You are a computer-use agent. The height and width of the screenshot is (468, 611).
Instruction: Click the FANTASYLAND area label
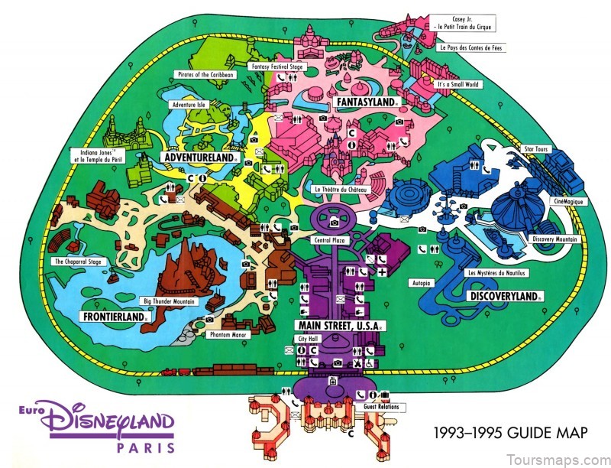click(365, 102)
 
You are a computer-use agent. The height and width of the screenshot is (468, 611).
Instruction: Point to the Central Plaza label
click(332, 239)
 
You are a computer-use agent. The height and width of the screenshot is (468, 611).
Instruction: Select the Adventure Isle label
click(187, 104)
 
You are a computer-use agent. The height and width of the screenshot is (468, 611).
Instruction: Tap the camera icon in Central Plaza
click(335, 222)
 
